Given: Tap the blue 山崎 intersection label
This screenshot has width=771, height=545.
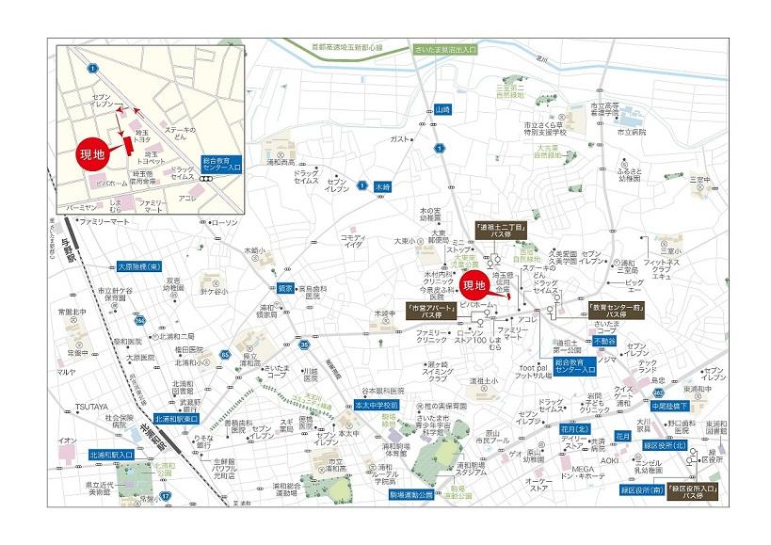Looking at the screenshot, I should click(x=443, y=110).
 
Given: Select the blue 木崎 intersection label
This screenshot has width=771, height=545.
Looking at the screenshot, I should click(x=382, y=186).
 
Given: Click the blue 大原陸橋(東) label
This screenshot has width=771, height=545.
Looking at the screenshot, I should click(x=141, y=266).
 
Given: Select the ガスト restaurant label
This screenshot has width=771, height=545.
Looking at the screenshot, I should click(x=398, y=139).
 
